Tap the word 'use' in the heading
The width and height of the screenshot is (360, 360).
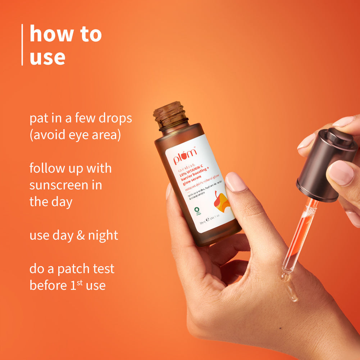click(47, 57)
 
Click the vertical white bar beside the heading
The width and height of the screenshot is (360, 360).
click(22, 45)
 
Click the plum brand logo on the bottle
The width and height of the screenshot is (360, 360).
click(185, 155)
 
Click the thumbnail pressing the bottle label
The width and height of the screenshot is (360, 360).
click(236, 182)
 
